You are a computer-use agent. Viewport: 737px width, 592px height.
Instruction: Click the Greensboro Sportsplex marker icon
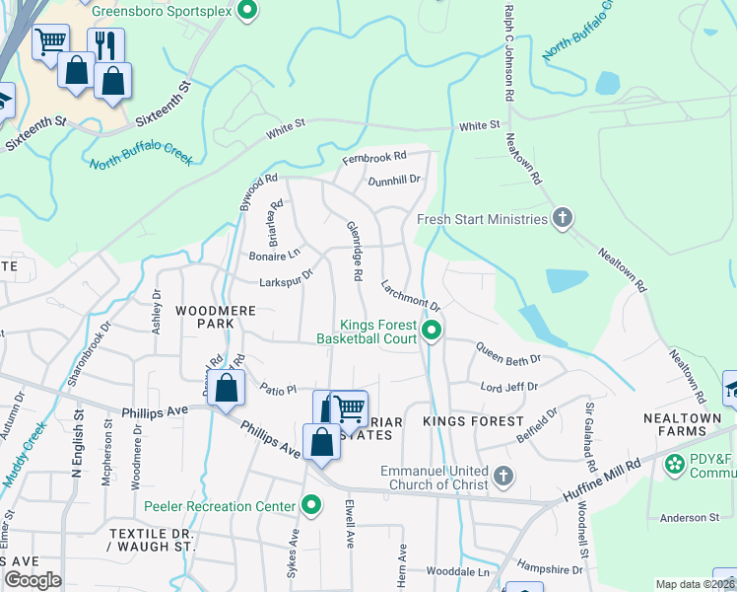point(248,12)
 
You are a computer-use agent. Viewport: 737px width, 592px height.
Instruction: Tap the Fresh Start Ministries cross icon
point(563,218)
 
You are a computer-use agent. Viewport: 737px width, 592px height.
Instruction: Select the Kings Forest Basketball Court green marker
point(431,330)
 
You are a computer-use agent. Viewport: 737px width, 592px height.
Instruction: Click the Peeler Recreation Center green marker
point(312,507)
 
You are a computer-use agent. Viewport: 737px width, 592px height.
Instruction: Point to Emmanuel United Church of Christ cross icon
point(502,478)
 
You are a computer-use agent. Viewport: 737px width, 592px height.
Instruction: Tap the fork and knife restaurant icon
point(104,45)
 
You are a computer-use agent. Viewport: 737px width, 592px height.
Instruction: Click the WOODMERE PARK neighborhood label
point(216,317)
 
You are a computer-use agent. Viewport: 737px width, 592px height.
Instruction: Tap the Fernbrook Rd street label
point(374,157)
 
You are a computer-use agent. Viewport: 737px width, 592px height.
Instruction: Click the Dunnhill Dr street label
point(394,181)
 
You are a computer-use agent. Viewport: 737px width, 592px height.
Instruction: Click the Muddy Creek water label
point(24,455)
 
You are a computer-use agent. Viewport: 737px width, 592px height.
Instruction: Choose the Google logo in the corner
point(33,581)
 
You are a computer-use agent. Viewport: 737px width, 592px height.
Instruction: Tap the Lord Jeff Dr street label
point(509,387)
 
